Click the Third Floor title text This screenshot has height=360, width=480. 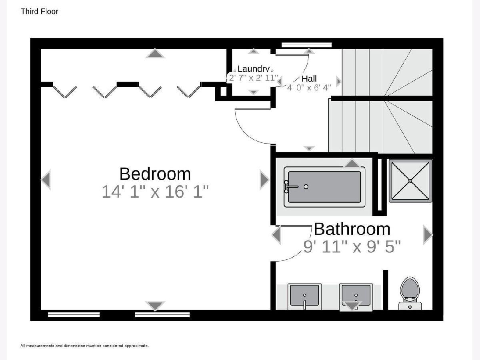[x=39, y=11]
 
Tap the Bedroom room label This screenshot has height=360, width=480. [x=155, y=174]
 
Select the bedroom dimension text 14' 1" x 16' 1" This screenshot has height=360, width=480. [x=155, y=192]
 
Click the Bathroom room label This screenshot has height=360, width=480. [x=352, y=229]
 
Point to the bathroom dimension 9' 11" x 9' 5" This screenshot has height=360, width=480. [x=352, y=246]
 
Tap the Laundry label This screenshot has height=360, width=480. [x=254, y=69]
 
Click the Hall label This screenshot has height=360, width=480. [x=309, y=78]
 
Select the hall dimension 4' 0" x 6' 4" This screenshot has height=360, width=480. [x=309, y=88]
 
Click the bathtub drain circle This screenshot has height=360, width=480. [x=306, y=187]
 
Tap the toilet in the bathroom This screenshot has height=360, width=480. [x=410, y=294]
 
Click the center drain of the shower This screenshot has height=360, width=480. [x=410, y=181]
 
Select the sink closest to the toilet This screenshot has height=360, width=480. [x=356, y=297]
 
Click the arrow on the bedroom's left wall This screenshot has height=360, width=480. [x=46, y=180]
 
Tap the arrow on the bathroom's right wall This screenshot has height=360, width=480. [x=428, y=234]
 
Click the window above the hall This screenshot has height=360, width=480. [x=306, y=45]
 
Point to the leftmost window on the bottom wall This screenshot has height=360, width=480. [x=74, y=314]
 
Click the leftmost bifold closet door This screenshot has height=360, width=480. [x=65, y=92]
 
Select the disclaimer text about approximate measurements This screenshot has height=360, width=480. [x=85, y=346]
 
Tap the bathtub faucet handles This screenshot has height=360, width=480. [x=286, y=187]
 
